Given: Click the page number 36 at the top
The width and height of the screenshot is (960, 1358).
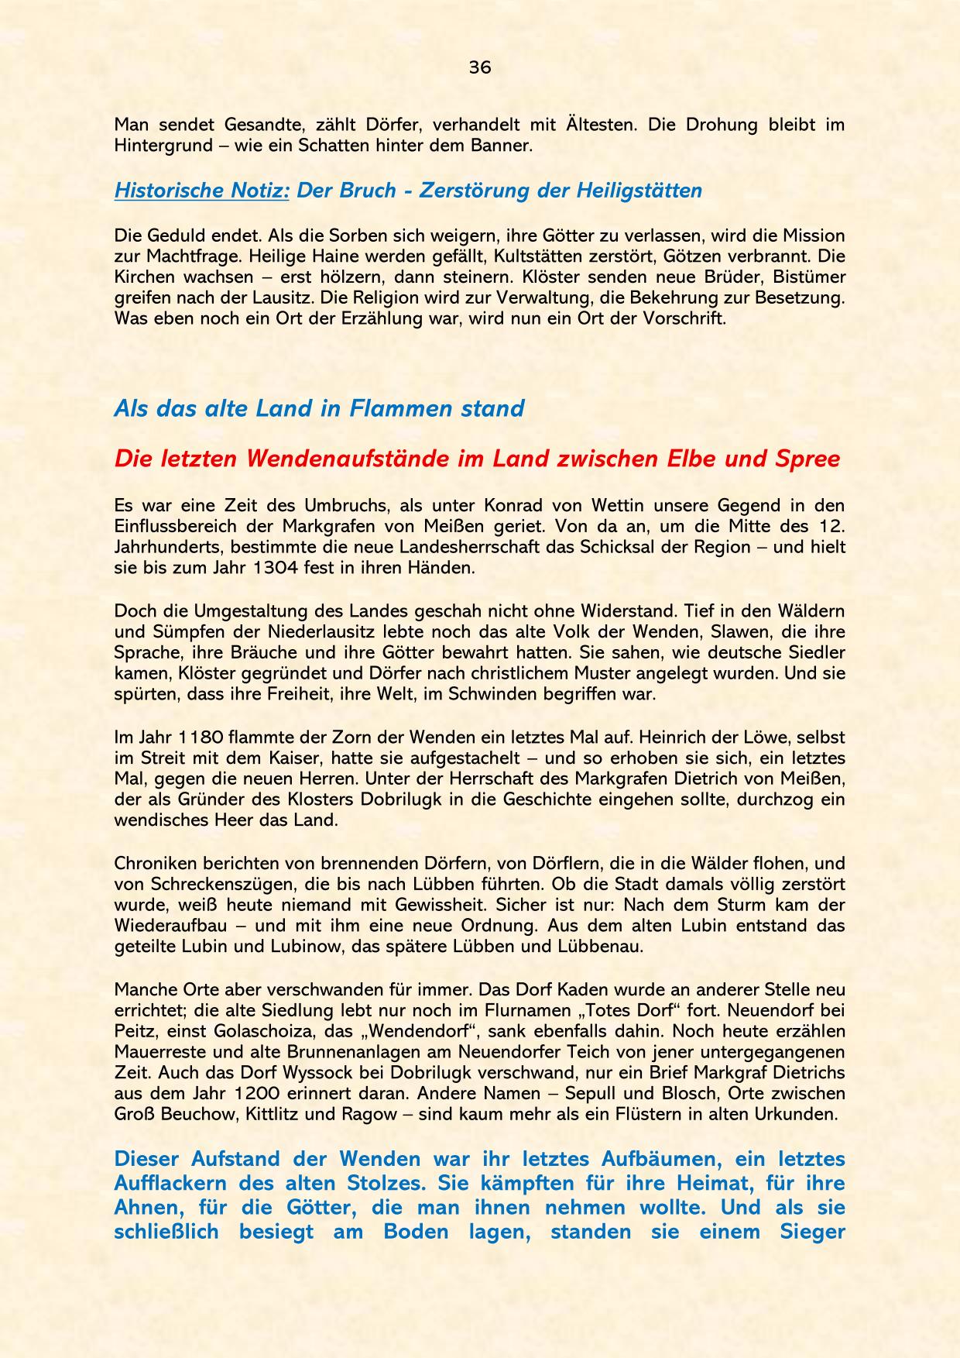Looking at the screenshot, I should tap(480, 67).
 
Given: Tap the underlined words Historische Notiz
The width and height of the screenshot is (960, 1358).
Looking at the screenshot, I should tap(201, 191).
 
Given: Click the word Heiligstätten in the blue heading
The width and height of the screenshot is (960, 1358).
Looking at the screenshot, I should tap(639, 191).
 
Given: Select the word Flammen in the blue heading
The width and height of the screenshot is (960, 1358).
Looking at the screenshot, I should tap(395, 408).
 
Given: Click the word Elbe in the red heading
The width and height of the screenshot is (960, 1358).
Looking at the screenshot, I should tap(689, 459).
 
